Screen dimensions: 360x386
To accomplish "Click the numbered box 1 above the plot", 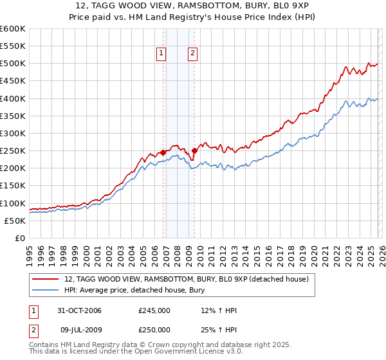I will pos(161,54).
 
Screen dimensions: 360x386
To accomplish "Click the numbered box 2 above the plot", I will pos(192,54).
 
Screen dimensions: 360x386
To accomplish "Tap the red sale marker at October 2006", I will pos(163,152).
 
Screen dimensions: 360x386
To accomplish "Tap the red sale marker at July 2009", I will pos(194,150).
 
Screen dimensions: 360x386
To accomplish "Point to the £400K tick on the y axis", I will pos(13,98).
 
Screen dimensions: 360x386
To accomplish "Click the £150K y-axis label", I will pos(13,186).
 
